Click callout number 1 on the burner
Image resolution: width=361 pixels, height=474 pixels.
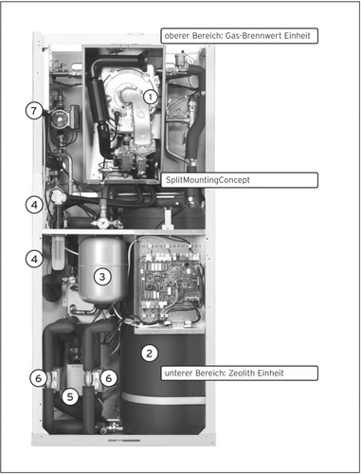pyautogui.click(x=151, y=97)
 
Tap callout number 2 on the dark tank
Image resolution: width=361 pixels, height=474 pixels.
pyautogui.click(x=149, y=353)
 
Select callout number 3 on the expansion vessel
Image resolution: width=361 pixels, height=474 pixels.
pyautogui.click(x=102, y=277)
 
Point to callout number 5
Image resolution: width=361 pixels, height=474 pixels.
pyautogui.click(x=70, y=396)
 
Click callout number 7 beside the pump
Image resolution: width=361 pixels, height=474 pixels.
pyautogui.click(x=34, y=111)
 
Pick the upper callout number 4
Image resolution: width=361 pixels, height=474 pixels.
pyautogui.click(x=34, y=205)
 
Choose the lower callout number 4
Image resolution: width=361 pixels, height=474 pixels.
pyautogui.click(x=34, y=259)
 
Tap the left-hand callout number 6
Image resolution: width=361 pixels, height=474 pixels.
pyautogui.click(x=38, y=378)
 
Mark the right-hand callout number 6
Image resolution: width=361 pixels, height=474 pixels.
pyautogui.click(x=109, y=378)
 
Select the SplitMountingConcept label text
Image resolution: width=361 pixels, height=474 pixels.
pyautogui.click(x=208, y=180)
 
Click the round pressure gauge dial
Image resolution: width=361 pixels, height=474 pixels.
pyautogui.click(x=102, y=224)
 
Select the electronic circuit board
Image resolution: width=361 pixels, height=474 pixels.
pyautogui.click(x=170, y=282)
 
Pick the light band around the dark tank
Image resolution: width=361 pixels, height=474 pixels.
pyautogui.click(x=164, y=398)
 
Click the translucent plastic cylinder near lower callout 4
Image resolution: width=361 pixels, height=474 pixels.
pyautogui.click(x=58, y=252)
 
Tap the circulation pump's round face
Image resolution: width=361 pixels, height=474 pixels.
pyautogui.click(x=59, y=117)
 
